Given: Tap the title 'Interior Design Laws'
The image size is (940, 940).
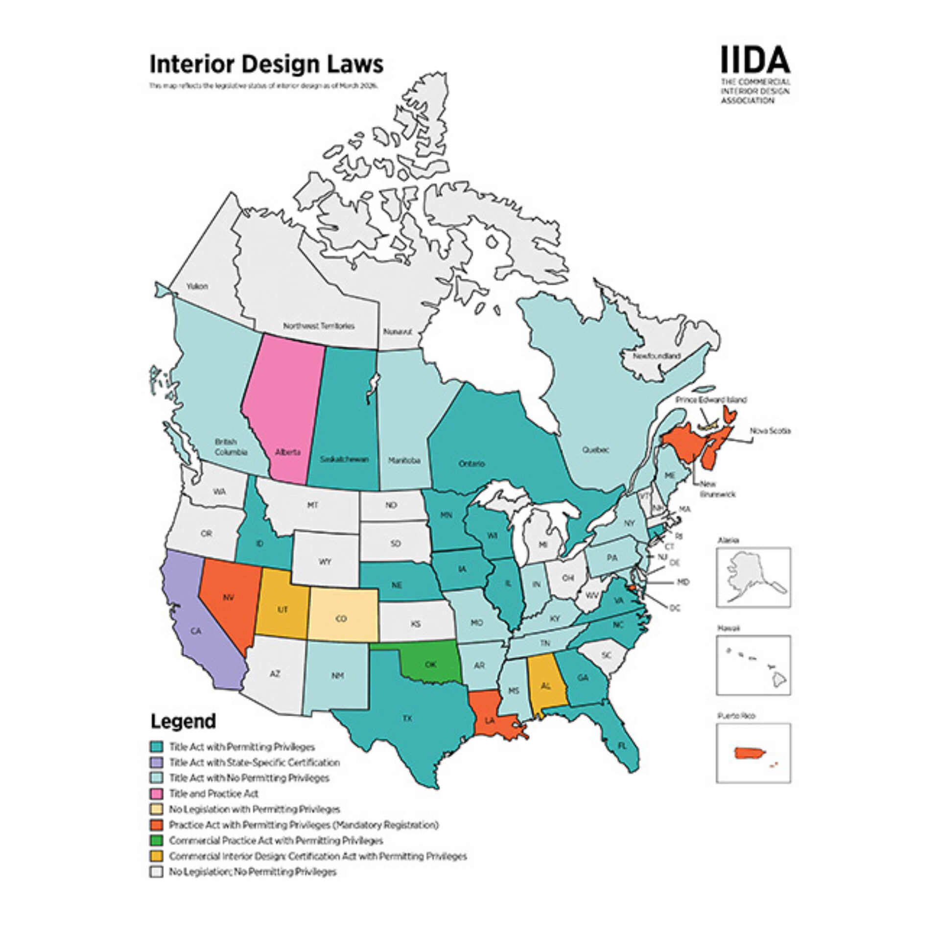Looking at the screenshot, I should click(x=266, y=64).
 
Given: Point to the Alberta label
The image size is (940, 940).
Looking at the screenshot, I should click(x=287, y=452).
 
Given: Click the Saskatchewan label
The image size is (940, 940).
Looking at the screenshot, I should click(x=344, y=459).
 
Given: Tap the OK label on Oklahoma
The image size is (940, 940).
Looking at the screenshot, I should click(x=430, y=664).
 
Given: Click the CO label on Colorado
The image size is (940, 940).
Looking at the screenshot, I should click(x=341, y=619).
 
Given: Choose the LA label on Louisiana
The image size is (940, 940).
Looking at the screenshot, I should click(x=490, y=721).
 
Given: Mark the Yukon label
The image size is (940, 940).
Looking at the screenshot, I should click(x=197, y=286).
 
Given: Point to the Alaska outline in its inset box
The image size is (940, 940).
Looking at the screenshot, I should click(x=752, y=576).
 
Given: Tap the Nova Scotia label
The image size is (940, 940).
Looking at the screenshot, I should click(x=770, y=431).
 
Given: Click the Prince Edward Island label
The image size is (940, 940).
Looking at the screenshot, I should click(x=711, y=399).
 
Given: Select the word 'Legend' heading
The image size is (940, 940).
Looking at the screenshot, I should click(x=183, y=721).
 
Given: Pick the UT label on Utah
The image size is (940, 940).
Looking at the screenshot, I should click(x=282, y=610).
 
